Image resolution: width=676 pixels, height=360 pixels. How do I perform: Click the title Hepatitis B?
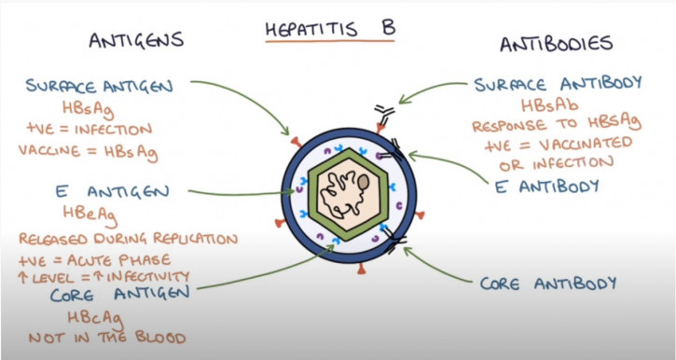point(327,27)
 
